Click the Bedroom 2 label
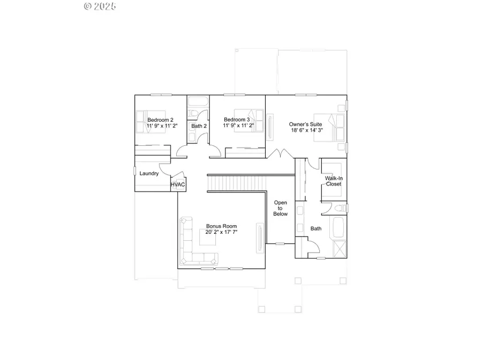click(x=160, y=120)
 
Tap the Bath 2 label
click(x=199, y=126)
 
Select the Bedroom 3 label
click(x=237, y=120)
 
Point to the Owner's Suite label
click(x=305, y=123)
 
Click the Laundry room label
click(x=149, y=174)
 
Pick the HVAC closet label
click(x=178, y=185)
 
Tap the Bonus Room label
click(x=221, y=226)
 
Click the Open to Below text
click(x=281, y=208)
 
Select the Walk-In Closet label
click(x=333, y=181)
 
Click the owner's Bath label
click(x=316, y=228)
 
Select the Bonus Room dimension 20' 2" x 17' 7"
click(x=221, y=233)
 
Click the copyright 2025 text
click(x=100, y=6)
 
